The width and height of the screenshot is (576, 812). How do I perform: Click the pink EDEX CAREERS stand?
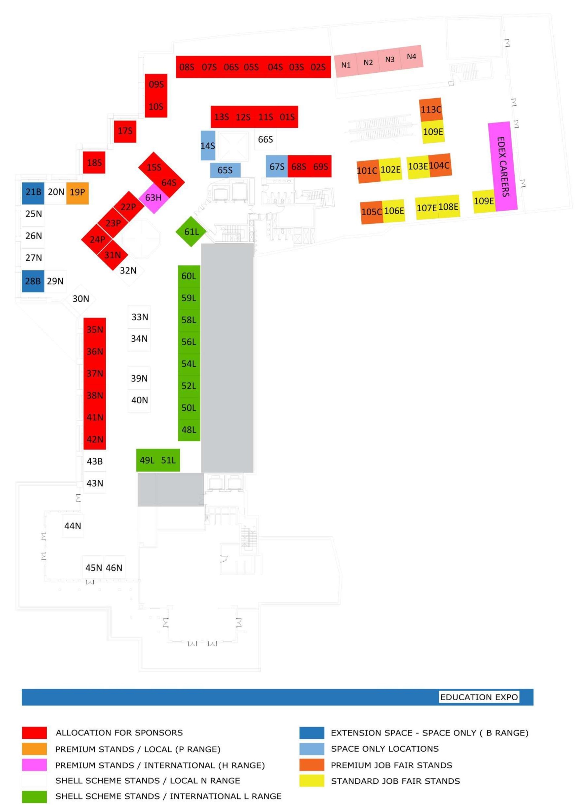(x=503, y=167)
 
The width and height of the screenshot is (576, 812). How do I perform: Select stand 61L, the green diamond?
(x=191, y=232)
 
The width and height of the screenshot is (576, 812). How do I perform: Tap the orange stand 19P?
(x=77, y=192)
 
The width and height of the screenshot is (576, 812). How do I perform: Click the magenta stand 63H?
(x=153, y=198)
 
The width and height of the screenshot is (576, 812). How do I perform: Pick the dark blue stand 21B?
(x=33, y=192)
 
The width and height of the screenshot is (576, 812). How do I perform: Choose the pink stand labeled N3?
(x=389, y=59)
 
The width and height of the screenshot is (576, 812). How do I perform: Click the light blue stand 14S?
(x=208, y=146)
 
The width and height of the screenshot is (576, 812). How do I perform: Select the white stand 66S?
(x=265, y=139)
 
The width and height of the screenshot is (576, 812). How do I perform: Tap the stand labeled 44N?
(x=73, y=526)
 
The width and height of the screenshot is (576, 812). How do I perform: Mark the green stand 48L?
(x=189, y=430)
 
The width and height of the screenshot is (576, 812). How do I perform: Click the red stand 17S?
(x=125, y=131)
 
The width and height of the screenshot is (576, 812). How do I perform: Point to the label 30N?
(x=81, y=299)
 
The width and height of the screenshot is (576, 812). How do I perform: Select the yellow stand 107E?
(x=426, y=208)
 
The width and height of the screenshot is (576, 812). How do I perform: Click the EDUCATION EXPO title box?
(x=479, y=697)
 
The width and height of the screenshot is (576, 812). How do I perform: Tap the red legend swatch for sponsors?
(x=35, y=732)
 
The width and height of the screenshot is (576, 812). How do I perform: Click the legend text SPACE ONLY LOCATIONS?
(x=384, y=749)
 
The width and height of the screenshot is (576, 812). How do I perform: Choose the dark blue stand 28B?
(x=33, y=281)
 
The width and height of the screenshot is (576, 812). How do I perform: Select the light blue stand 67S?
(x=277, y=166)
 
